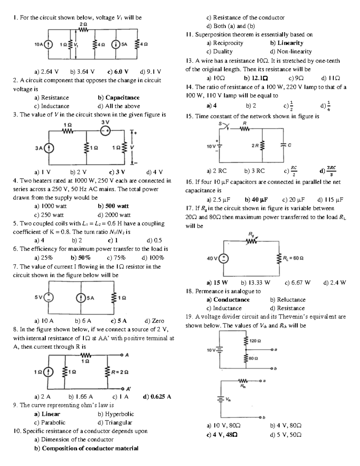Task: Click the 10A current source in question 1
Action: coord(48,44)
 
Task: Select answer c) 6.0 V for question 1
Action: coord(118,72)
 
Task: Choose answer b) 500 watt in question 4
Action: coord(113,206)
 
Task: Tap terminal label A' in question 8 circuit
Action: coord(128,389)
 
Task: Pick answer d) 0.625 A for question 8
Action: coord(157,397)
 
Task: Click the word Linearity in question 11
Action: coord(290,43)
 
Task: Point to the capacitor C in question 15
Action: coord(283,146)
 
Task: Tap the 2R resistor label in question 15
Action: coord(255,146)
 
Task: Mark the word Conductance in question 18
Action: coord(231,300)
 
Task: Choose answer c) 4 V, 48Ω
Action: coord(223,434)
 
